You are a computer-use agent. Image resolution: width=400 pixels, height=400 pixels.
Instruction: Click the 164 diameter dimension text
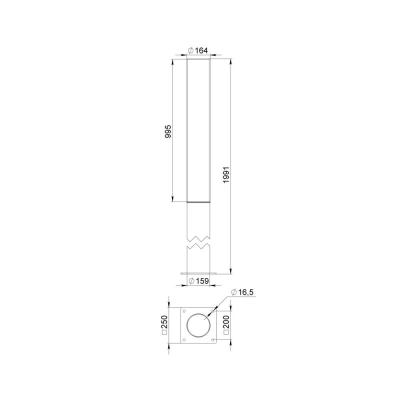click(x=201, y=50)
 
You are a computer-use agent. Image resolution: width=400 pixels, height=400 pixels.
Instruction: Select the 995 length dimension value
click(x=168, y=131)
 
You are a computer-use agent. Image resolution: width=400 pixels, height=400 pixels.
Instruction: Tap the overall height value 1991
click(x=226, y=174)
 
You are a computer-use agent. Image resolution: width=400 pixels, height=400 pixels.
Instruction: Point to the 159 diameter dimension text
click(x=202, y=281)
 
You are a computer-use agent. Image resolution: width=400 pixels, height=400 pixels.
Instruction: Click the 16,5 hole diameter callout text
click(x=245, y=292)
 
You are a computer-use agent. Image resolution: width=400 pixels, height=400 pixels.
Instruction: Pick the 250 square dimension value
click(x=165, y=322)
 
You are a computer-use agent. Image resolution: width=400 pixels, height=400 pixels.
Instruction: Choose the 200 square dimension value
click(x=226, y=322)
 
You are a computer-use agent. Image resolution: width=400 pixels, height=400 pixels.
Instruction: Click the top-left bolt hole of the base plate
click(x=183, y=311)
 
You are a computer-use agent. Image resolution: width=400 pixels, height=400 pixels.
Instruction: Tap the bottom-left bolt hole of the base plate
click(x=183, y=340)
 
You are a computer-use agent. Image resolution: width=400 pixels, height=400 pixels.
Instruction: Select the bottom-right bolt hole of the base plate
click(x=213, y=340)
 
